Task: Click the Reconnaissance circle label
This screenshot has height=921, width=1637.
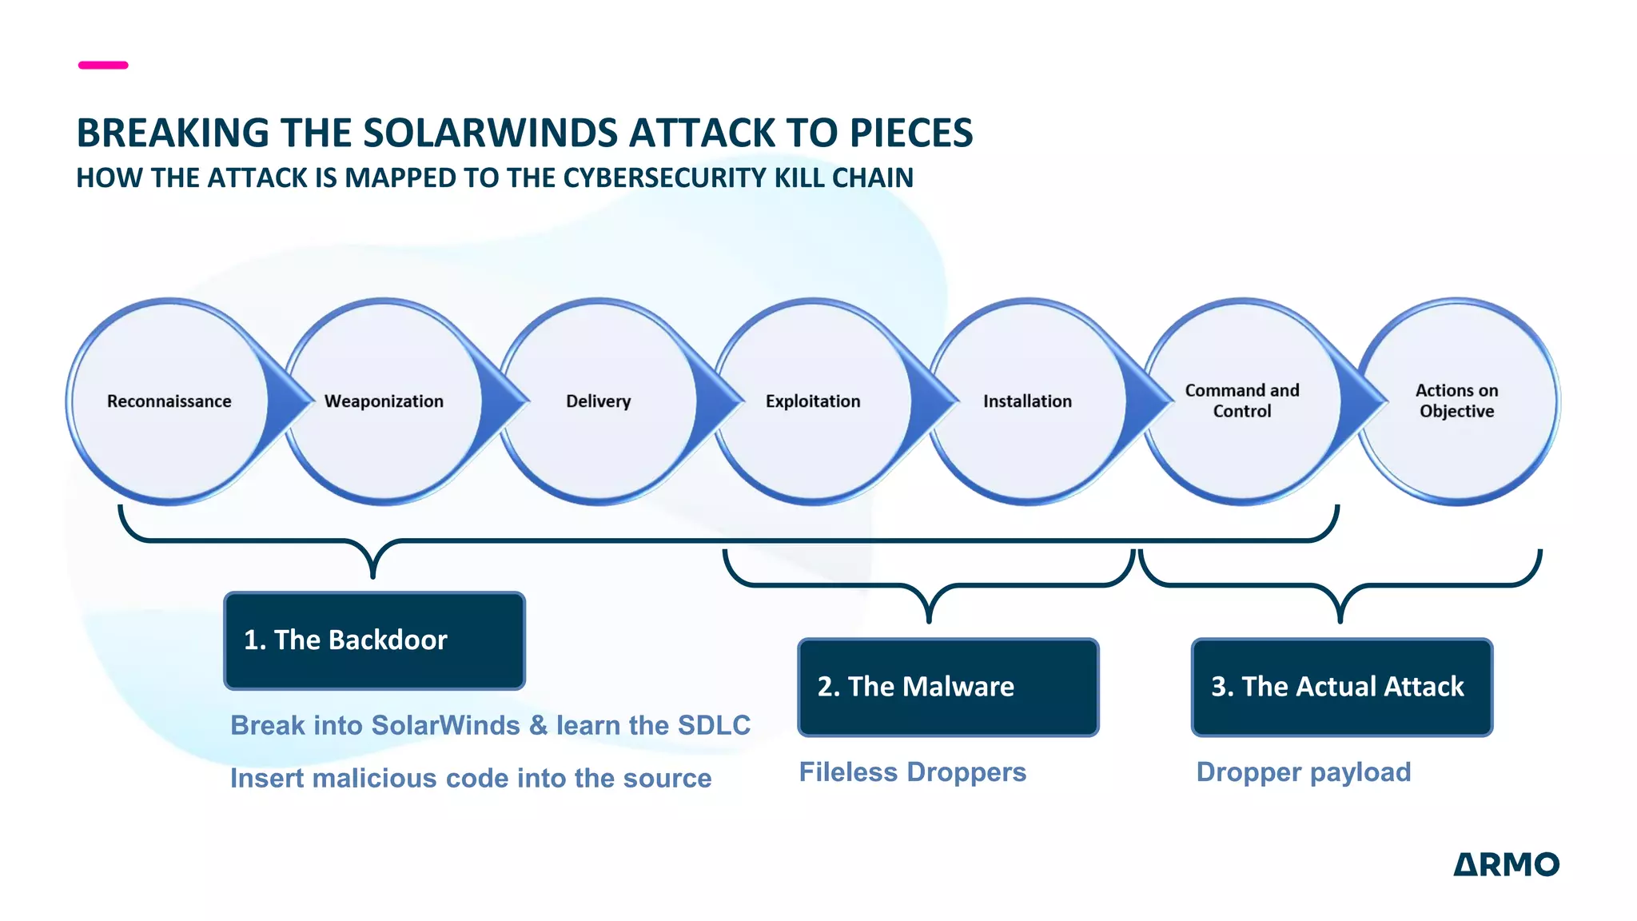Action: coord(169,401)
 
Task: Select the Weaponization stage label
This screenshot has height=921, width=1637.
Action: coord(384,401)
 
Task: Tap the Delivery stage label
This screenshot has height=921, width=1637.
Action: coord(598,401)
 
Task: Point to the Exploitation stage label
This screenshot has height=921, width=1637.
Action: coord(813,401)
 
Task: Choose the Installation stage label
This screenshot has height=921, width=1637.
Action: coord(1027,401)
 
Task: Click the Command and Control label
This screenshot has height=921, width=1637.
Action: coord(1242,401)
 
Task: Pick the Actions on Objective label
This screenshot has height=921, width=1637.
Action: coord(1456,401)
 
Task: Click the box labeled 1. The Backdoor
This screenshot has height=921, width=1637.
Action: coord(374,640)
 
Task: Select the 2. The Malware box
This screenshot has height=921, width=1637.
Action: coord(948,687)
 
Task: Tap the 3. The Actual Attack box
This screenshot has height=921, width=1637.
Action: coord(1341,687)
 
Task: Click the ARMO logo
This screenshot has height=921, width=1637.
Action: coord(1506,864)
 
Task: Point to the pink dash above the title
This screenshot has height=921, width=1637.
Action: coord(103,65)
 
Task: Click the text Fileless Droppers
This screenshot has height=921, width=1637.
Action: coord(912,772)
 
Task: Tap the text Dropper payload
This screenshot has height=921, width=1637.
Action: coord(1303,772)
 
